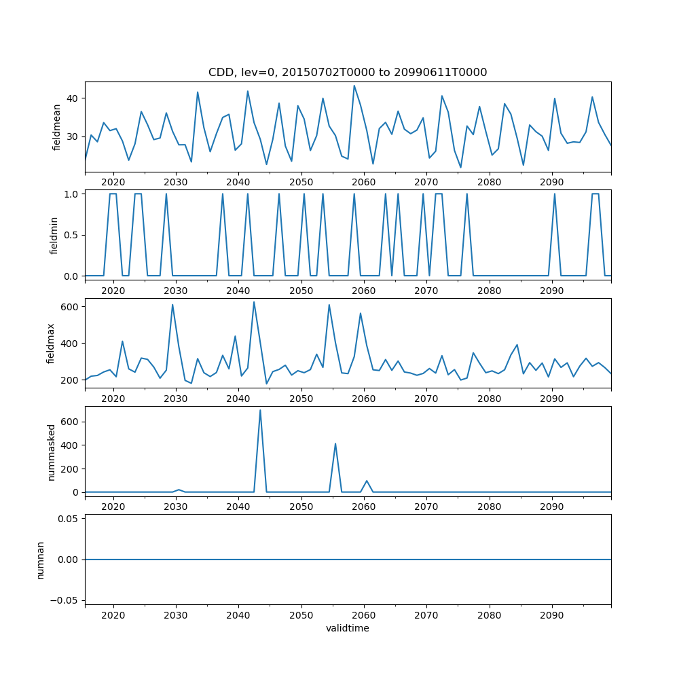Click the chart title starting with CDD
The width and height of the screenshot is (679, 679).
(348, 73)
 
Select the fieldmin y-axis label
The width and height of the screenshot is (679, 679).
(54, 234)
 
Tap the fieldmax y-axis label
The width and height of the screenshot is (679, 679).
(51, 342)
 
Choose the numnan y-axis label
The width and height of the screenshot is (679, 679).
(40, 559)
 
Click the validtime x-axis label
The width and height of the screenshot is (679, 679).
(347, 629)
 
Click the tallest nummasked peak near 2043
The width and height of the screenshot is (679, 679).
(260, 410)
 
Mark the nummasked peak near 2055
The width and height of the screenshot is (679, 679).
(335, 444)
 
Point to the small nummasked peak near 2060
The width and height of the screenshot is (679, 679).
(367, 481)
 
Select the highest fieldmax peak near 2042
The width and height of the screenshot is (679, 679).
(254, 302)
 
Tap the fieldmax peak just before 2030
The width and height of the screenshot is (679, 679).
(172, 305)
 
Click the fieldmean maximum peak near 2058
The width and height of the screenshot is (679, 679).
(354, 86)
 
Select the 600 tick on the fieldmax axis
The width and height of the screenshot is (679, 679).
(69, 307)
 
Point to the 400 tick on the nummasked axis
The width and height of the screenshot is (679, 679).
(69, 445)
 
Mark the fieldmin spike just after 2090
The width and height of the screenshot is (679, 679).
(555, 194)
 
